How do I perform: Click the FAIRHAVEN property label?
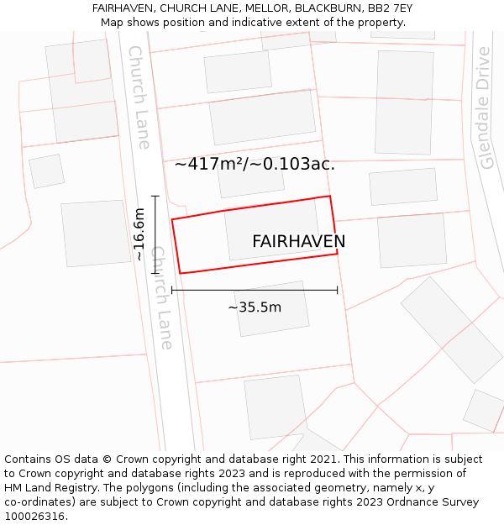[x=298, y=242]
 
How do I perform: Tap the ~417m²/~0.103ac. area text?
[x=255, y=165]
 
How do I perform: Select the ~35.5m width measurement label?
[x=255, y=307]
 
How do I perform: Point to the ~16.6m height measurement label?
[x=139, y=234]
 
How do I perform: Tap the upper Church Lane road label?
[x=139, y=97]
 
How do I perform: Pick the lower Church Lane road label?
[x=161, y=298]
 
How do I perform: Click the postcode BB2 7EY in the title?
[x=389, y=8]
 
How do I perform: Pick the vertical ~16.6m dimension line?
[x=155, y=234]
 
